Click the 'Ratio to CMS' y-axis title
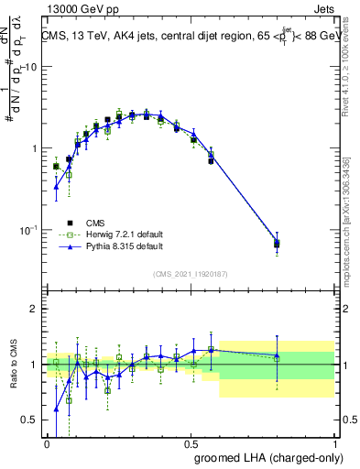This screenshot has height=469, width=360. pyautogui.click(x=13, y=364)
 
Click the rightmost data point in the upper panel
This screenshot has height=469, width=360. pyautogui.click(x=277, y=244)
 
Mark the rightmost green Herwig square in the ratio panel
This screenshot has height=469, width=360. pyautogui.click(x=277, y=358)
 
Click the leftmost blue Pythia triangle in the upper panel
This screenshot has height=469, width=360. pyautogui.click(x=56, y=187)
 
